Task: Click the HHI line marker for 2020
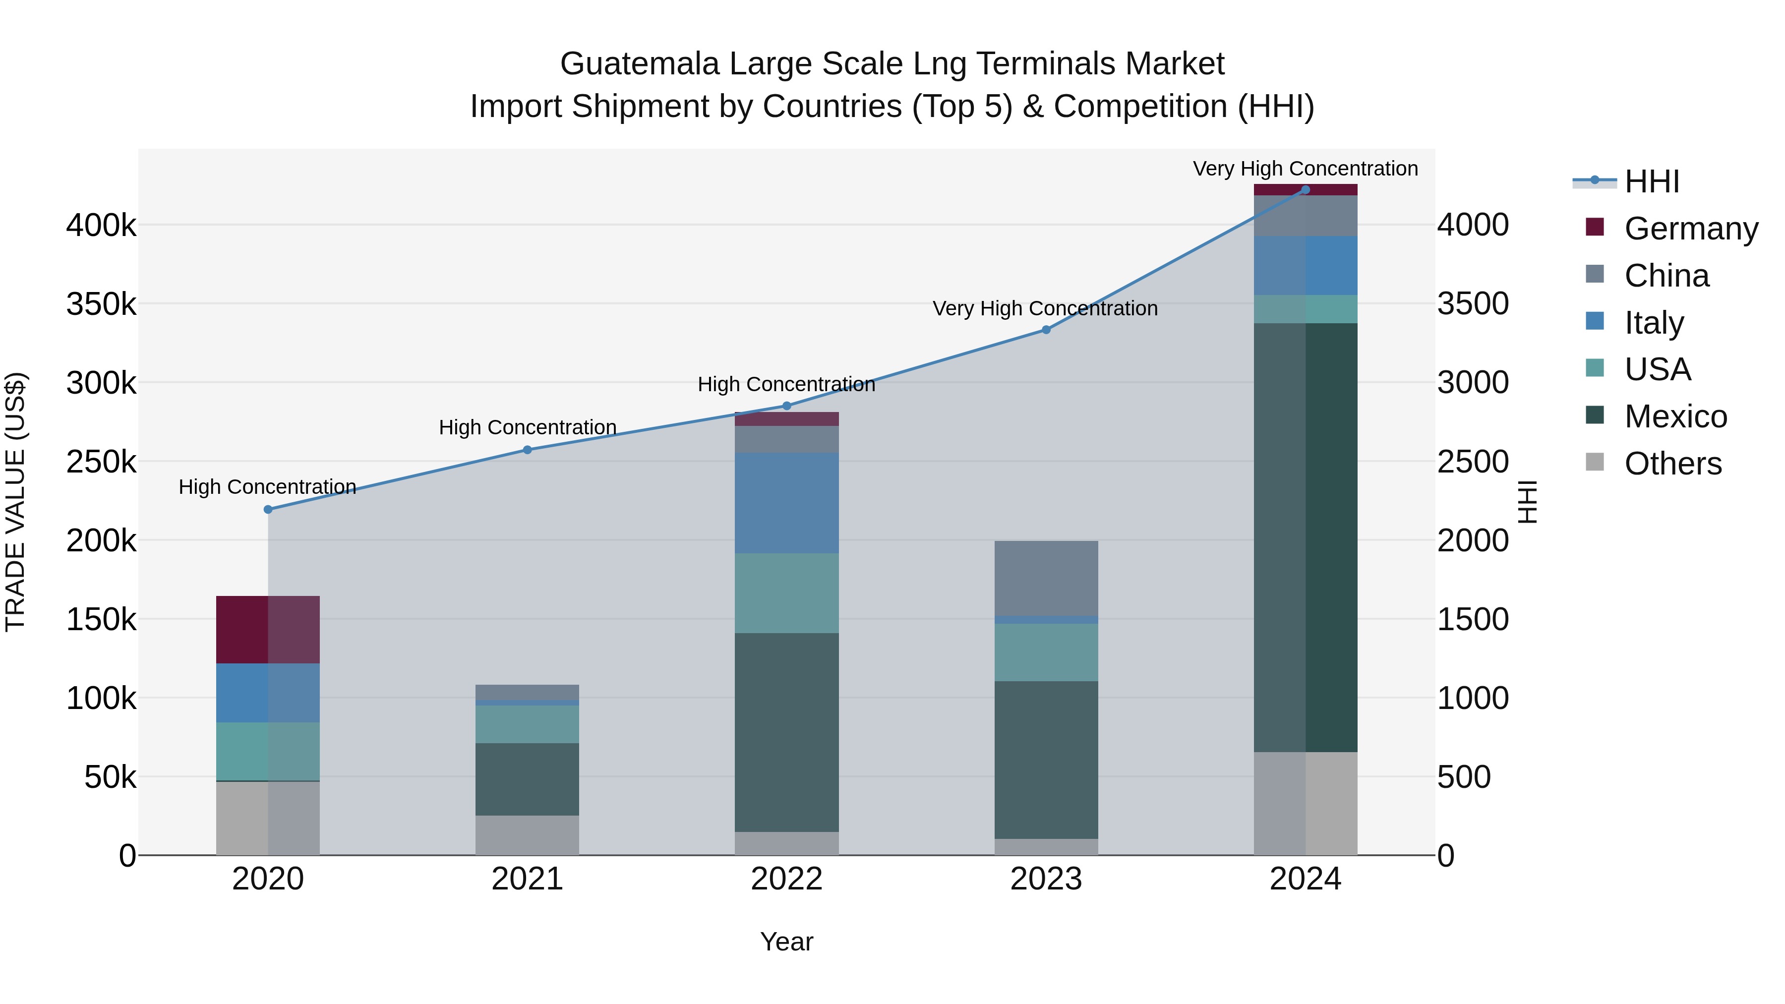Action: tap(268, 509)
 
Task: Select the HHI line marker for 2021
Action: tap(528, 450)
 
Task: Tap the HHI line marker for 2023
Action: tap(1046, 330)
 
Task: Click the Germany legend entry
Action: tap(1690, 229)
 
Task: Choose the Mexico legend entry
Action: tap(1675, 416)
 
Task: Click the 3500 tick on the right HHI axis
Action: tap(1473, 303)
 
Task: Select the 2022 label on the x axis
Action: tap(786, 879)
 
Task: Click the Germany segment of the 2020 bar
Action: tap(268, 630)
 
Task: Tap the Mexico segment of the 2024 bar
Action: tap(1306, 537)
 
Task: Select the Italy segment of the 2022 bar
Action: tap(786, 503)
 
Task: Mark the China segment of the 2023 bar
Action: tap(1046, 578)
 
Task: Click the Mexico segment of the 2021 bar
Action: tap(528, 779)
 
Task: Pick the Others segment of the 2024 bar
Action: tap(1306, 803)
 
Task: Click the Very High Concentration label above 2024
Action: tap(1306, 169)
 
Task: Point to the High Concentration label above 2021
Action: tap(528, 427)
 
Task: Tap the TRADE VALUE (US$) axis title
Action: tap(15, 502)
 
